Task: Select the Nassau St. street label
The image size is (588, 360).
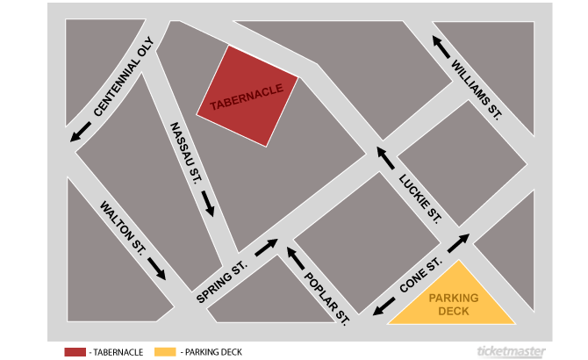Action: (186, 153)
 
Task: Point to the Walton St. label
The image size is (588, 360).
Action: (122, 223)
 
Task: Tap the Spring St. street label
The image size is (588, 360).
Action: (222, 282)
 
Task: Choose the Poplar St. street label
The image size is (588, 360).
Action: (327, 297)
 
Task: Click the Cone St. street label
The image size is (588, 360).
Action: (419, 276)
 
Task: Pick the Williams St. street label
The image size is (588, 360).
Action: (476, 89)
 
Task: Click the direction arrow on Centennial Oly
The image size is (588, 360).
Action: (82, 131)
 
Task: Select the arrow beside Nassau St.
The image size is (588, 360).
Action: (208, 205)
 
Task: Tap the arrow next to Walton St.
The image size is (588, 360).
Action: (156, 268)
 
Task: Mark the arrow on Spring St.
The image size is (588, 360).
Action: (268, 246)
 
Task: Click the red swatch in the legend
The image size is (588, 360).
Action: (75, 352)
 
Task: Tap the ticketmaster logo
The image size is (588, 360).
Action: (508, 351)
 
